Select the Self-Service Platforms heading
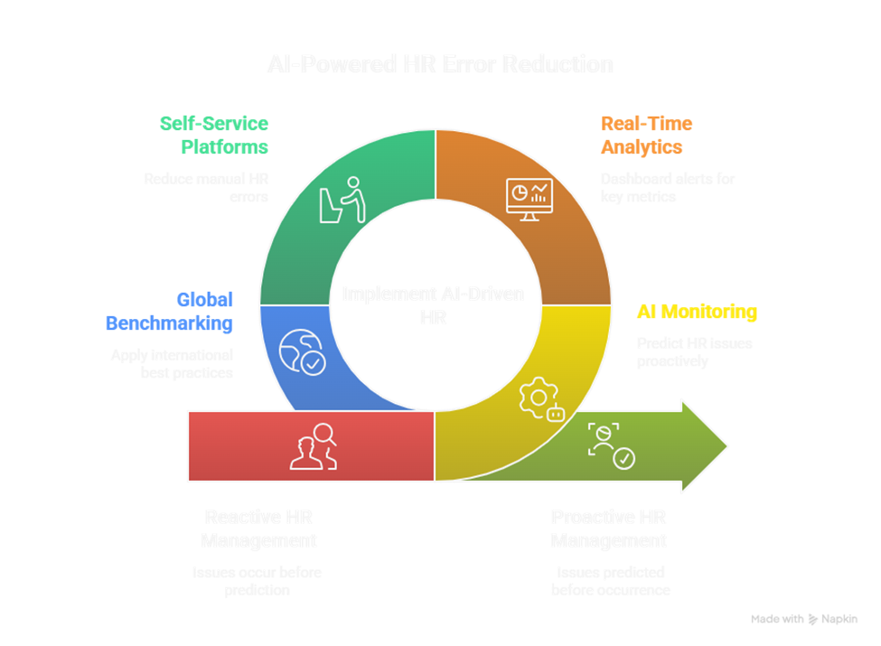tap(214, 135)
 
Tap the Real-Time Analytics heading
tap(645, 135)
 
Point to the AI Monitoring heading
tap(697, 313)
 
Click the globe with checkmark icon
tap(302, 351)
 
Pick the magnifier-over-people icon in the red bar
tap(313, 445)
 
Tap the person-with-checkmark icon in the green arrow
tap(611, 445)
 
